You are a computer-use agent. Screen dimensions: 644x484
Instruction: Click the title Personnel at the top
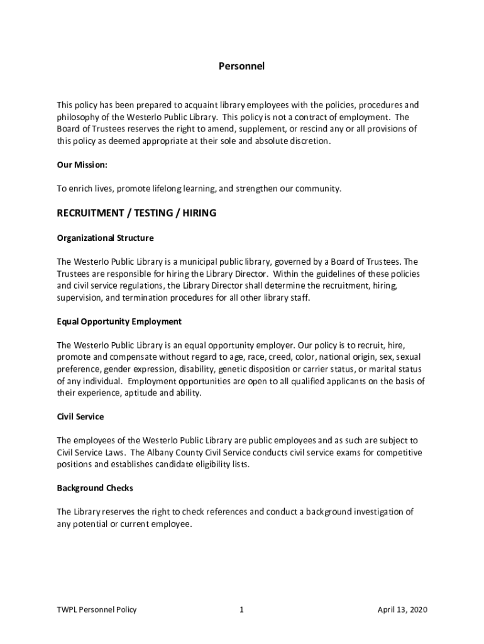coord(241,65)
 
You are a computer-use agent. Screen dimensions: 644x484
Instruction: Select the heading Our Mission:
coord(82,165)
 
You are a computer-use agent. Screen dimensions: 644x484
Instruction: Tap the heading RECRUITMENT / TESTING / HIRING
coord(136,213)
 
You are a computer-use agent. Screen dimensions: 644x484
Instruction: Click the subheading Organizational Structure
coord(105,238)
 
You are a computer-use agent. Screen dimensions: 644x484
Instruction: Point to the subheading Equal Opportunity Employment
coord(119,321)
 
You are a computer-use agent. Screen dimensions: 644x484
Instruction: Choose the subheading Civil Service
coord(80,416)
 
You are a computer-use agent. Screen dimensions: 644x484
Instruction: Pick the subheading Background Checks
coord(95,488)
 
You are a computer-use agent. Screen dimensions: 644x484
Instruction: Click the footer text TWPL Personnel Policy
coord(97,609)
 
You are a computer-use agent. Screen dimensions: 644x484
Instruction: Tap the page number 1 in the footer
coord(241,609)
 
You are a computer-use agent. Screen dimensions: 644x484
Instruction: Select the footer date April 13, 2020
coord(402,609)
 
